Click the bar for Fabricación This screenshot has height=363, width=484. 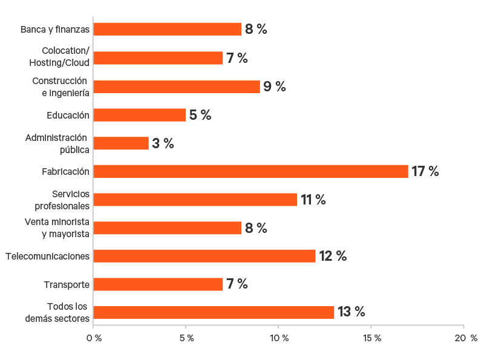click(x=251, y=171)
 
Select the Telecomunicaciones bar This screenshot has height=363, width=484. click(x=204, y=256)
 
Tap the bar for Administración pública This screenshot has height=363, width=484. click(x=121, y=143)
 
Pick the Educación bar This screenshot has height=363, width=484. click(x=140, y=115)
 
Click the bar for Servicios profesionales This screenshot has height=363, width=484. click(x=195, y=200)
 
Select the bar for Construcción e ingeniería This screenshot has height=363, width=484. click(x=177, y=87)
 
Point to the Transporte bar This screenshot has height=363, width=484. click(x=159, y=284)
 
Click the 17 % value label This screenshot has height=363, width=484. click(x=425, y=171)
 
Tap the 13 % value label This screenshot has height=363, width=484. click(x=352, y=312)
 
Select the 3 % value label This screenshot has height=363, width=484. click(x=163, y=143)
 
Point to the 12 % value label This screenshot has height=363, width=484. click(x=333, y=256)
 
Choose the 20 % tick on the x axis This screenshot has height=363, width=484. click(x=465, y=338)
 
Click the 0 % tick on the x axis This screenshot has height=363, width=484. click(x=94, y=338)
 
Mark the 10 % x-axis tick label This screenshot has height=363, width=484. click(x=279, y=338)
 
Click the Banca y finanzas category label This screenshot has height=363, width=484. click(x=55, y=29)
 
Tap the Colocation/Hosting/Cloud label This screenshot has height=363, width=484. click(x=59, y=57)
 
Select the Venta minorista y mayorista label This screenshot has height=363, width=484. click(x=57, y=227)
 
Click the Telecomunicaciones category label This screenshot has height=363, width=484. click(x=48, y=256)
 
